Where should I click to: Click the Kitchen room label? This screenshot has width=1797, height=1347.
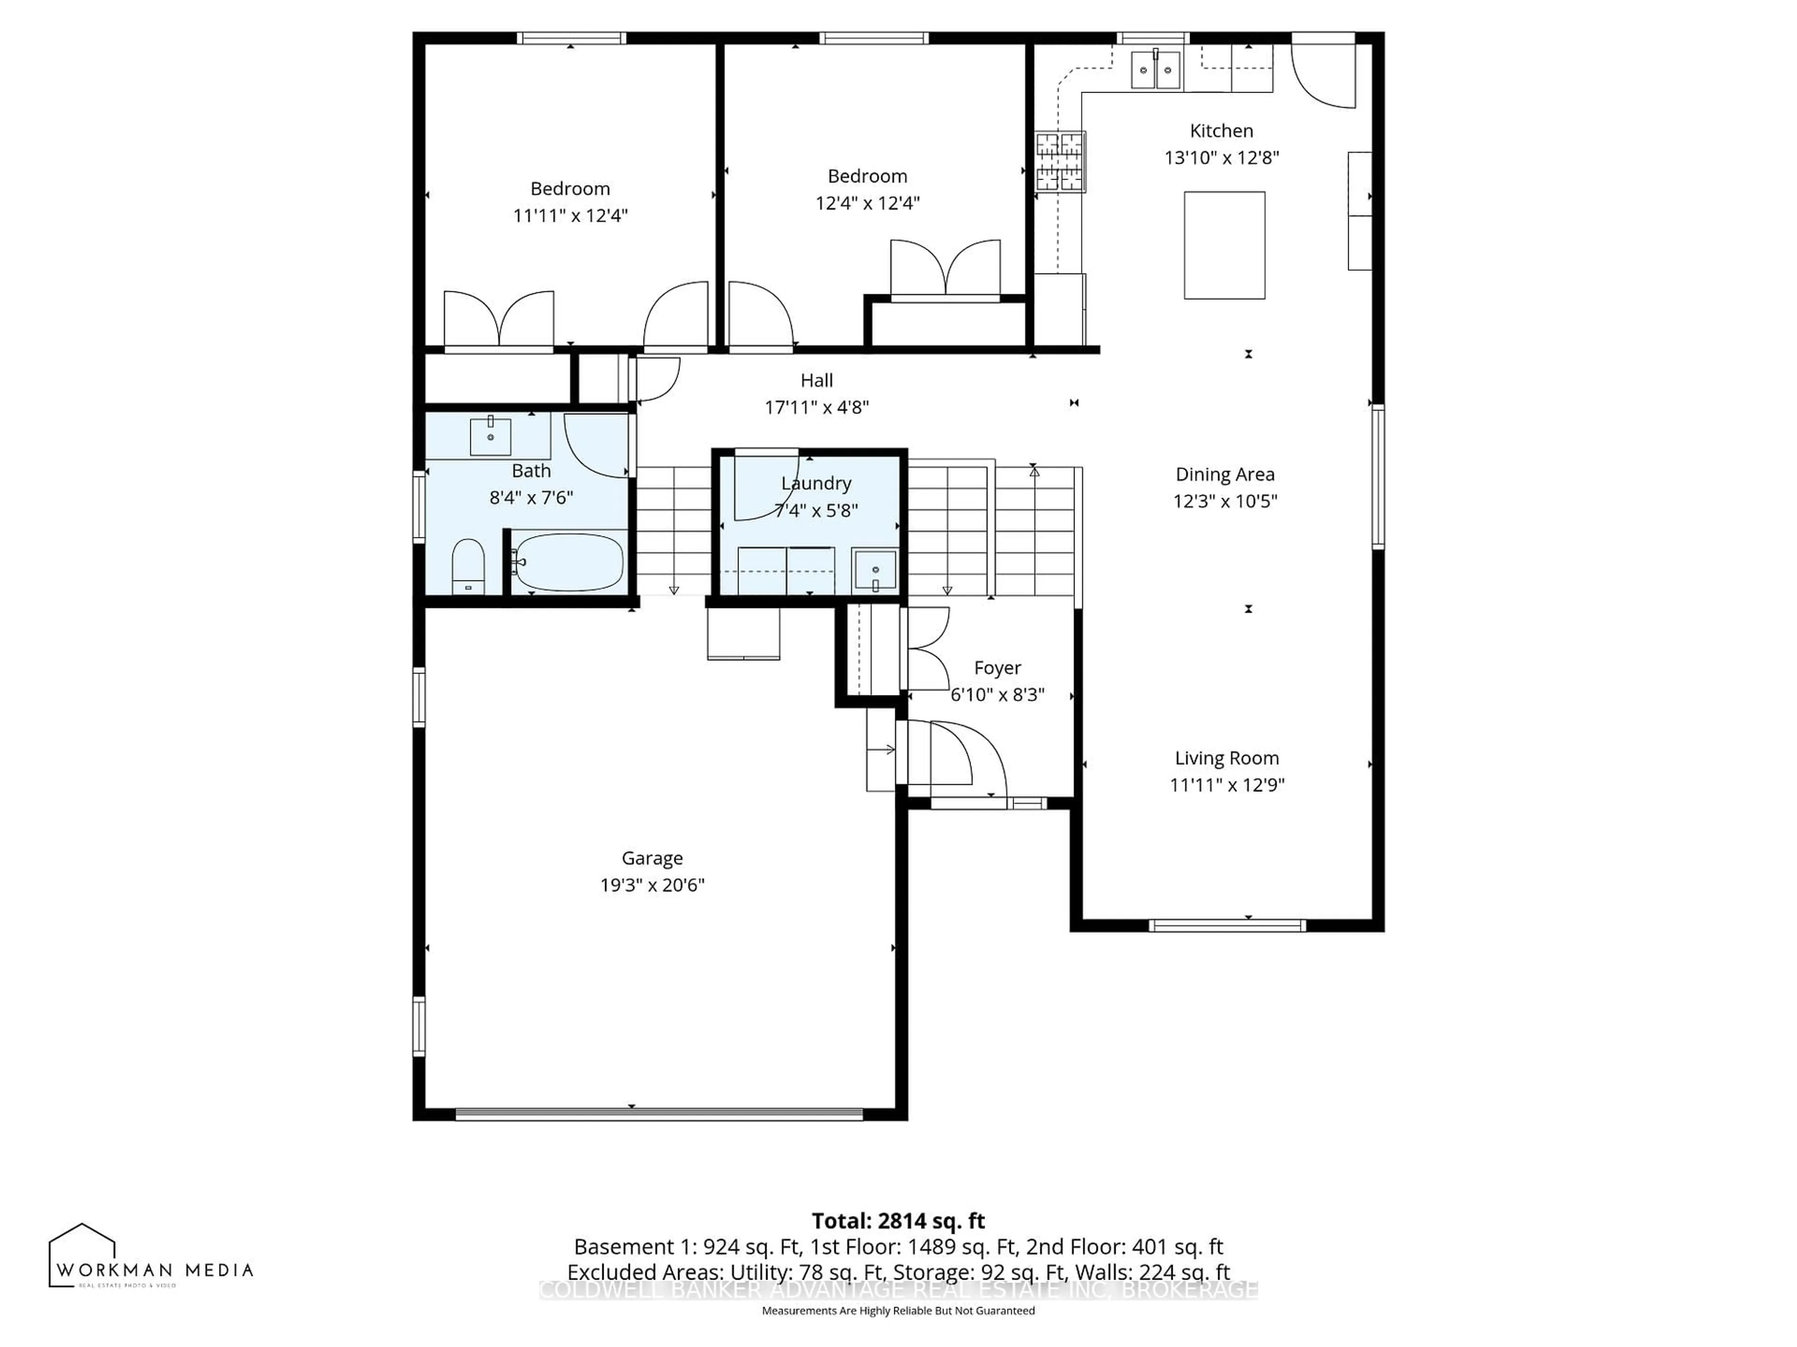coord(1221,130)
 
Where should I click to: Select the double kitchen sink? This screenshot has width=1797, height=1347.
coord(1155,70)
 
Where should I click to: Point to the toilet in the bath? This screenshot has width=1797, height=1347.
coord(468,566)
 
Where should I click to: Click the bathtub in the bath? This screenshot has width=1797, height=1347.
coord(569,562)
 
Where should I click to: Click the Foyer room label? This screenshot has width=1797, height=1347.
coord(997,667)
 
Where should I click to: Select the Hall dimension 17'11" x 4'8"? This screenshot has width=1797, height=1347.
coord(817,407)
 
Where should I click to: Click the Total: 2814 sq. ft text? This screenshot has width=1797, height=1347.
coord(898,1221)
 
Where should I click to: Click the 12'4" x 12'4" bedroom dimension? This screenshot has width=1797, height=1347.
coord(867,203)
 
